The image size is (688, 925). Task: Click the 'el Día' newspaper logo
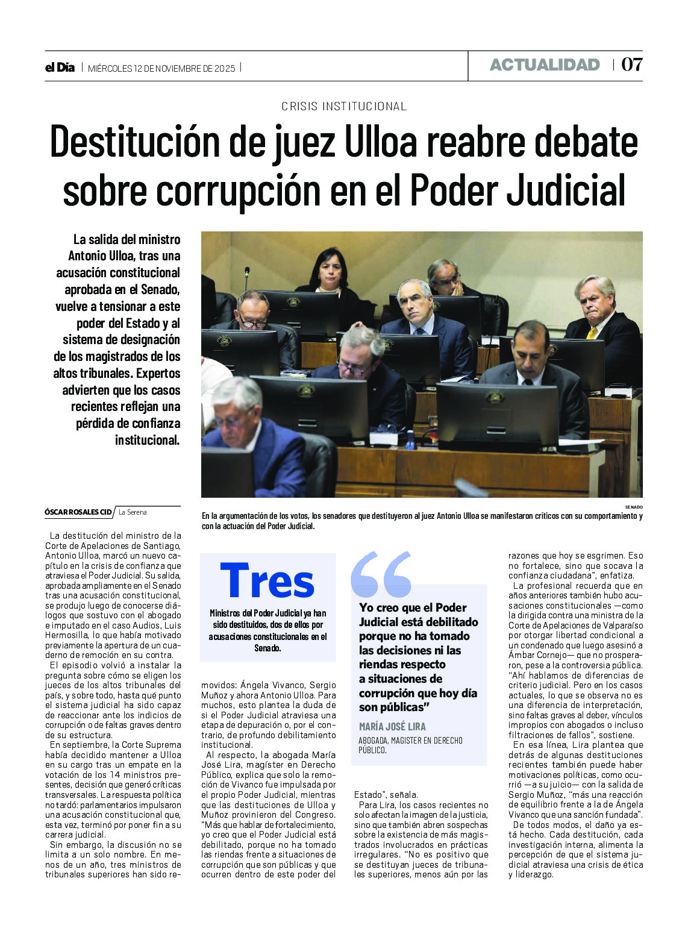[x=60, y=67]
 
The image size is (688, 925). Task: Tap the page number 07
[x=631, y=64]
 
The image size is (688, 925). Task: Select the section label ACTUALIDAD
[x=545, y=65]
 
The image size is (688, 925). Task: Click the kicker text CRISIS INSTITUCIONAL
[x=344, y=107]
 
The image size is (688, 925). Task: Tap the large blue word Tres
[x=267, y=581]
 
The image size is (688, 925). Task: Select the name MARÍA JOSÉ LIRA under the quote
[x=392, y=726]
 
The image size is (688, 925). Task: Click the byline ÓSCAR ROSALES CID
[x=78, y=512]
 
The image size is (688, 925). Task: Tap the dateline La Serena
[x=133, y=512]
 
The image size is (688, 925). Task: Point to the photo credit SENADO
[x=633, y=507]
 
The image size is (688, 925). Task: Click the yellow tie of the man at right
[x=592, y=333]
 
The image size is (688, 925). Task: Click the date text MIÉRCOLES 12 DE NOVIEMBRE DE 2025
[x=161, y=68]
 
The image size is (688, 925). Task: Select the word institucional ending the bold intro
[x=147, y=441]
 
